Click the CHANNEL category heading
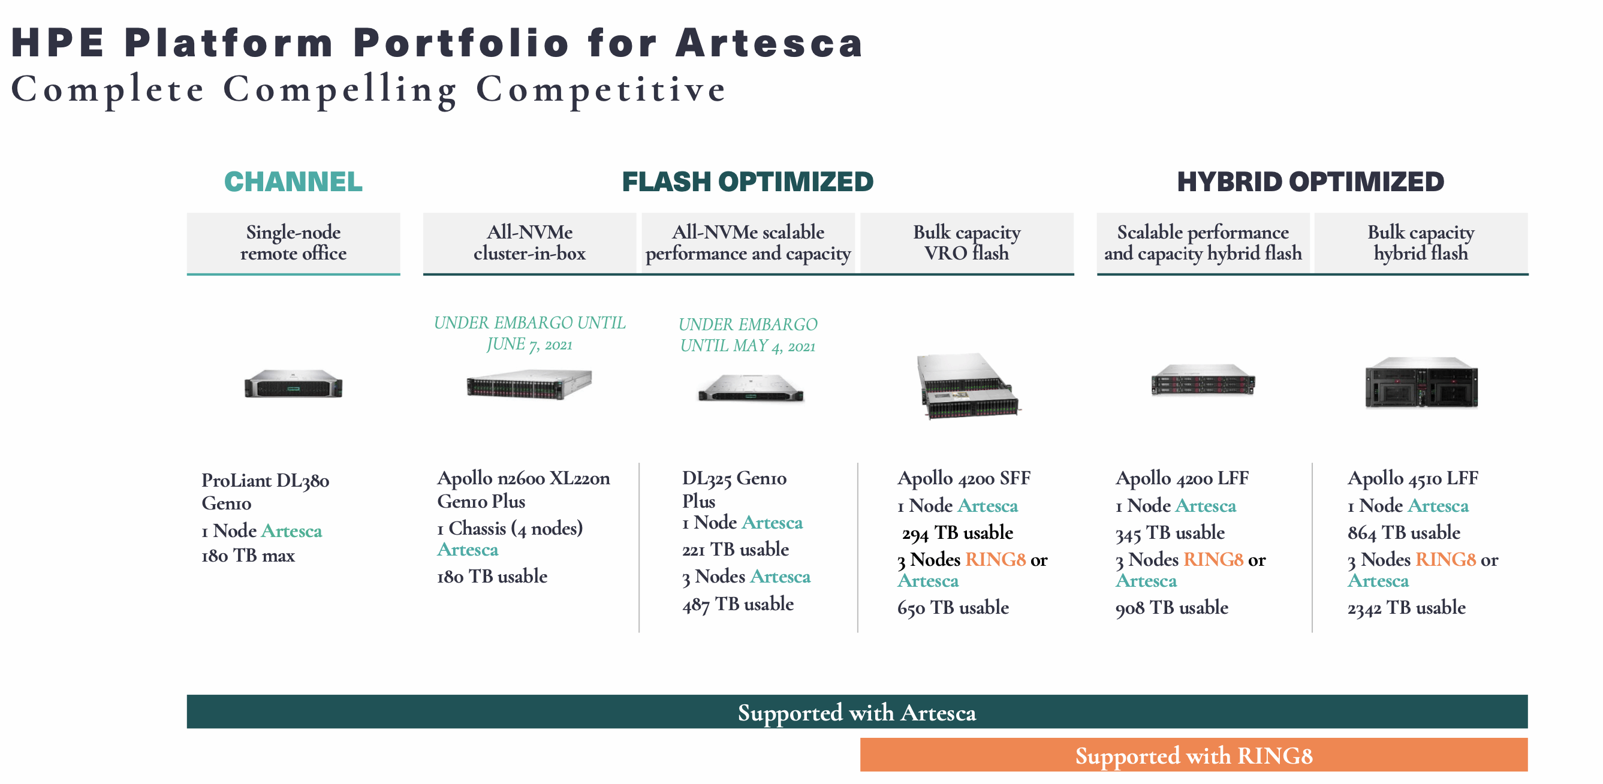pyautogui.click(x=293, y=182)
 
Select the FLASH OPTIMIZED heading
pyautogui.click(x=748, y=182)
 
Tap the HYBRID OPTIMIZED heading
pyautogui.click(x=1310, y=182)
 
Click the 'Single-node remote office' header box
pyautogui.click(x=293, y=243)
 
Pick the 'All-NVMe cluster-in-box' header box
pyautogui.click(x=529, y=243)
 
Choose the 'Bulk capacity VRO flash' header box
pyautogui.click(x=966, y=243)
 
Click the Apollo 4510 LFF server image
pyautogui.click(x=1421, y=382)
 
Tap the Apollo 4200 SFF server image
pyautogui.click(x=967, y=386)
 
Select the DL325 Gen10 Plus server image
pyautogui.click(x=750, y=388)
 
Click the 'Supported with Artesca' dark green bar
pyautogui.click(x=856, y=712)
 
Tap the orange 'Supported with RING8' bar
pyautogui.click(x=1194, y=755)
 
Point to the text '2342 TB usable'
pyautogui.click(x=1406, y=607)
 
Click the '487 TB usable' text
pyautogui.click(x=737, y=604)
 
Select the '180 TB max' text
pyautogui.click(x=248, y=555)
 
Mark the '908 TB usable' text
pyautogui.click(x=1171, y=607)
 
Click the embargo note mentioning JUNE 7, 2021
pyautogui.click(x=529, y=333)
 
